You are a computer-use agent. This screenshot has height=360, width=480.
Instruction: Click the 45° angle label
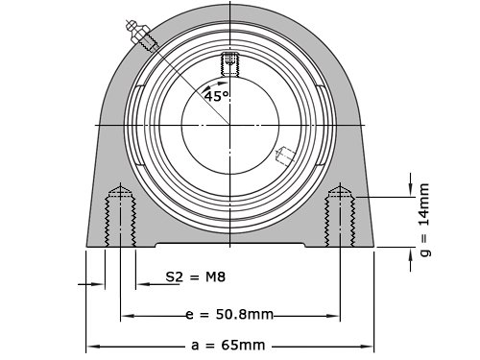217,96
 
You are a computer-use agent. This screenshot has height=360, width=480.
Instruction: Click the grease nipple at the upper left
141,36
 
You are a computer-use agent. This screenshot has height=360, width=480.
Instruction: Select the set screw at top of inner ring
229,64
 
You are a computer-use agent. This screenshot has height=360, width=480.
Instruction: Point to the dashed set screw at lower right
285,156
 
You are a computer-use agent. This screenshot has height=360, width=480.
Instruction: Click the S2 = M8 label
196,277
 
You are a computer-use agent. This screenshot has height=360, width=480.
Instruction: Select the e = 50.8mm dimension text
229,315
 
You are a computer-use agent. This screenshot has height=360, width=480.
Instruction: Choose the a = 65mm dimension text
228,346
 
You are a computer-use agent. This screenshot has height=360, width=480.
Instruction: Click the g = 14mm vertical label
425,220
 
